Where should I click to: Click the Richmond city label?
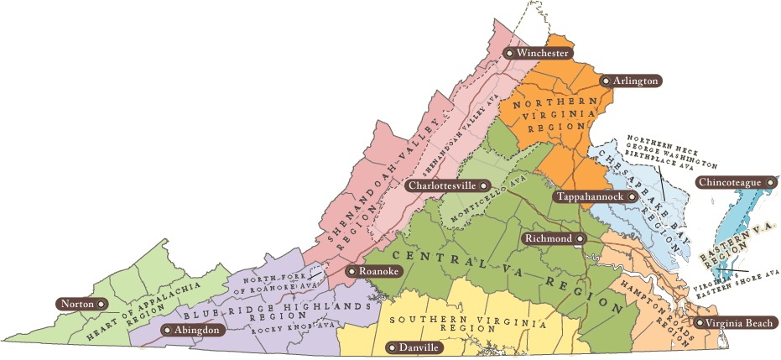(x=553, y=239)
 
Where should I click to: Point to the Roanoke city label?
(x=374, y=271)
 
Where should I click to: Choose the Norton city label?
(x=82, y=303)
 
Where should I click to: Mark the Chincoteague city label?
(x=736, y=182)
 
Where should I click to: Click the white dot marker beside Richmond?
(x=580, y=239)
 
